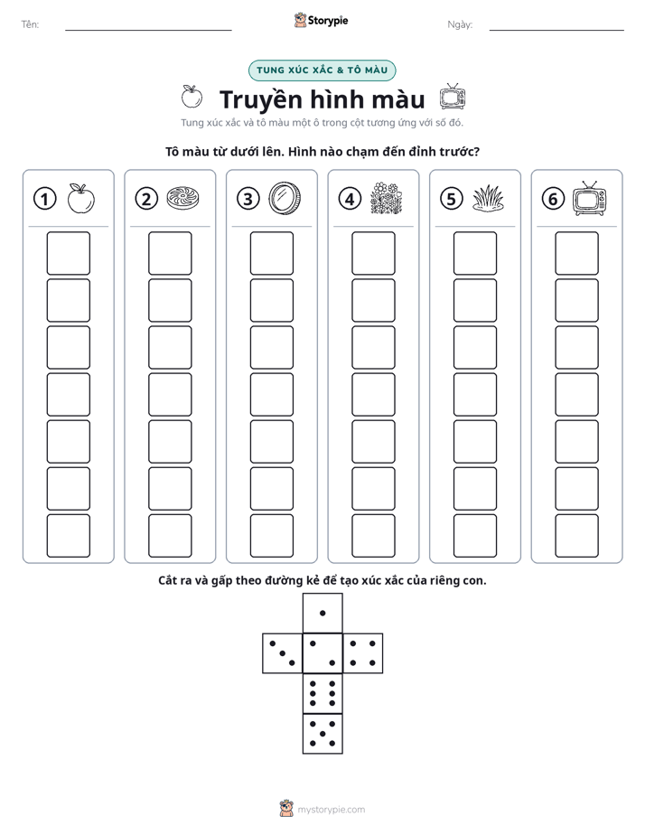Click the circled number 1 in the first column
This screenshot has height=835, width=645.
point(44,199)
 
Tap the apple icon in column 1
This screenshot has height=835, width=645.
point(81,198)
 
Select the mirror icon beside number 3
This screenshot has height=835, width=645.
point(285,198)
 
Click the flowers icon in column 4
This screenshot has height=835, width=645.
point(387,198)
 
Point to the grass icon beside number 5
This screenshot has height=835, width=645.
point(488,199)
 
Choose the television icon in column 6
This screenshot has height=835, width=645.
point(590,198)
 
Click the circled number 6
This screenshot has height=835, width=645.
point(553,199)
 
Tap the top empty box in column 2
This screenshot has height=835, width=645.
point(170,253)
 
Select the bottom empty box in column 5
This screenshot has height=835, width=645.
point(475,536)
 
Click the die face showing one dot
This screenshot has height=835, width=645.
point(322,613)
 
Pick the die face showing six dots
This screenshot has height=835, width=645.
point(322,693)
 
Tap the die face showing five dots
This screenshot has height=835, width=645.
point(322,733)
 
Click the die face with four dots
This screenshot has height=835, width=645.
point(363,652)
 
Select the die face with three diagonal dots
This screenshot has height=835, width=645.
point(283,652)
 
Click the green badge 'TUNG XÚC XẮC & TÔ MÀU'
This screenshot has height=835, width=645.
point(322,70)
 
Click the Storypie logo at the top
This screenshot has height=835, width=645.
point(321,20)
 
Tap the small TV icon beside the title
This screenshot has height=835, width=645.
point(453,98)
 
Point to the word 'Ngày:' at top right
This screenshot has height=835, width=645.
point(460,24)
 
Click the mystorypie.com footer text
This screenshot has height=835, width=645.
point(331,810)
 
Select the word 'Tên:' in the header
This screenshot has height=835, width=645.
point(30,24)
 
